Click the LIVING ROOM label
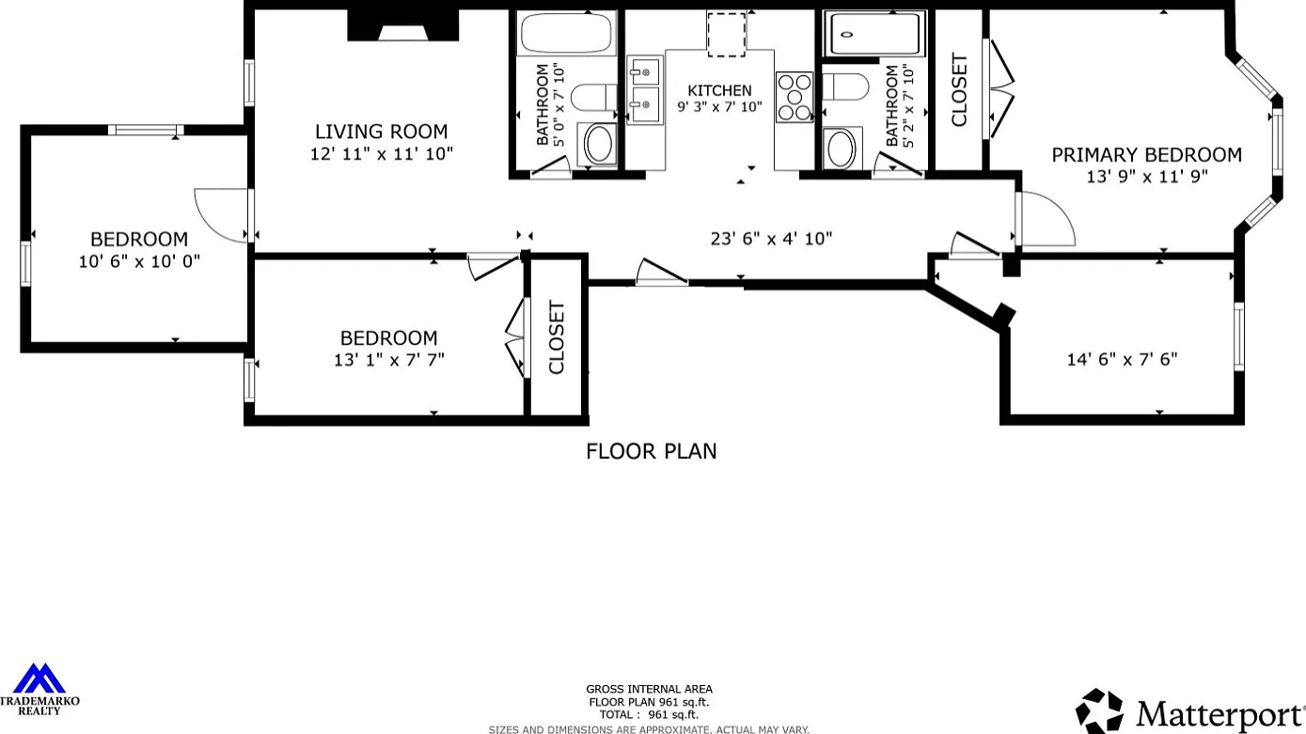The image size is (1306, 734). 382,132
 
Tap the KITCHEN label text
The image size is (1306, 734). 719,91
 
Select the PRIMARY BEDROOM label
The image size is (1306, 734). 1146,155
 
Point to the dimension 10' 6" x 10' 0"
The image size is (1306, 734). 139,261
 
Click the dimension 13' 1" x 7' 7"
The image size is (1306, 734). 389,360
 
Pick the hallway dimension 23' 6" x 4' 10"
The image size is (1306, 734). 771,239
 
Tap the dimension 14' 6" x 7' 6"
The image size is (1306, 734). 1122,359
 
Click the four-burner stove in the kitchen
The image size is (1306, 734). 795,98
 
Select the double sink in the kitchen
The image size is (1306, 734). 644,90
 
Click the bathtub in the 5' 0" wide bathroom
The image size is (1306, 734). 566,33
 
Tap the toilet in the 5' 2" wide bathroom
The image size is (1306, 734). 845,86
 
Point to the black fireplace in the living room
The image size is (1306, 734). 402,25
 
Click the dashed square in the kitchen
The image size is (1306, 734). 727,35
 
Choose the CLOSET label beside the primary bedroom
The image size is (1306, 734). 959,90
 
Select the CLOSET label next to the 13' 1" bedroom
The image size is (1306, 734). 557,337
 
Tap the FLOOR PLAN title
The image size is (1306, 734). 652,451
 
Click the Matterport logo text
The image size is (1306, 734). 1219,714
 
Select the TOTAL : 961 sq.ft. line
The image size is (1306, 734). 649,715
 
